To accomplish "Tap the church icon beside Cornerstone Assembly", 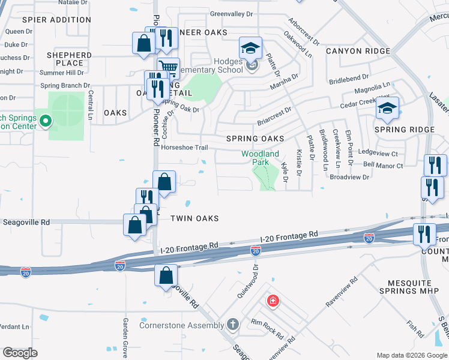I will click(233, 325).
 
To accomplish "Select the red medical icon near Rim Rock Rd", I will click(273, 300).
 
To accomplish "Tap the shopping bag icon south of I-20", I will click(166, 276).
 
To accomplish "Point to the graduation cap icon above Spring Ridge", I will click(387, 109).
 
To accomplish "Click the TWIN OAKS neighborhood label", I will click(193, 218).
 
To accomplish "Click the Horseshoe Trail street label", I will click(185, 148).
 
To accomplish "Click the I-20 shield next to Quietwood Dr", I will click(255, 250).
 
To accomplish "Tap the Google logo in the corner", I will click(20, 353).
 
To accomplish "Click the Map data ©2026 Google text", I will click(411, 355).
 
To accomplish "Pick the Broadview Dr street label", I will click(349, 178).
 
